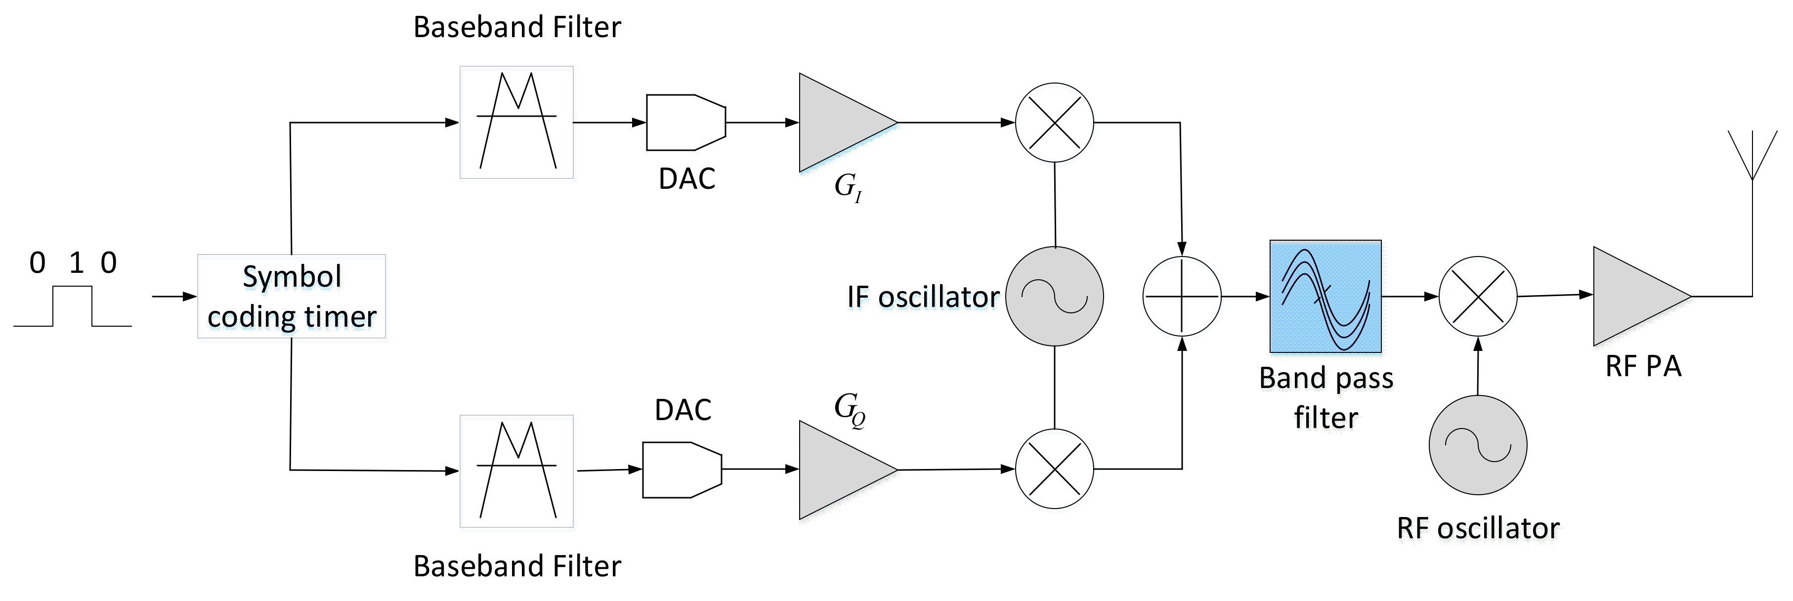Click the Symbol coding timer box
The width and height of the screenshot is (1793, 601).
(291, 297)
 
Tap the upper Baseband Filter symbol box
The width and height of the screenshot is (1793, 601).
(516, 123)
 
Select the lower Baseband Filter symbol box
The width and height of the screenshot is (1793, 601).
(516, 472)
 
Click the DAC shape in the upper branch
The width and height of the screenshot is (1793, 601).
(685, 123)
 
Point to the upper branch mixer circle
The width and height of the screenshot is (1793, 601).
(1055, 123)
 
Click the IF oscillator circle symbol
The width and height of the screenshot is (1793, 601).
(1055, 296)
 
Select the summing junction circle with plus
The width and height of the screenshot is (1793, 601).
(1181, 296)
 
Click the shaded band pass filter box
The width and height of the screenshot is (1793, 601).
(1325, 297)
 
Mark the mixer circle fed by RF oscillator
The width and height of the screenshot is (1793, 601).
(1478, 296)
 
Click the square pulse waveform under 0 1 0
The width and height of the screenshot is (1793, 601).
(72, 306)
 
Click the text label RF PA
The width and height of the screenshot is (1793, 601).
(1643, 366)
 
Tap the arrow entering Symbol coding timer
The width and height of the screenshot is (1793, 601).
(174, 297)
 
